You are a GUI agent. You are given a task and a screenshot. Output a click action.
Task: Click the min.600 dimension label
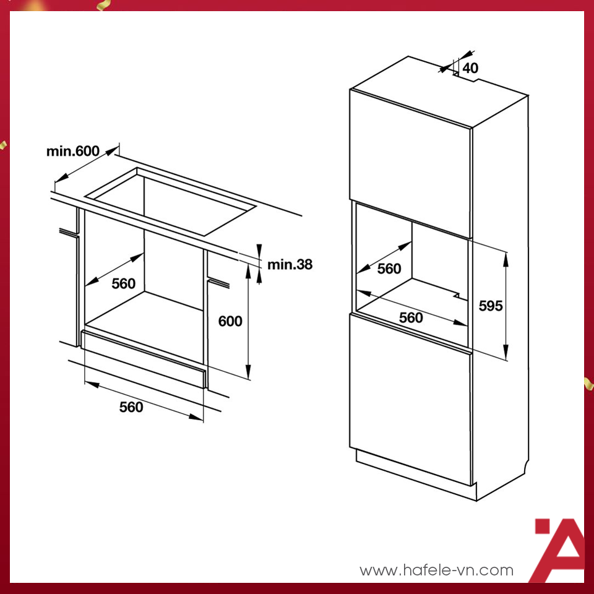(72, 151)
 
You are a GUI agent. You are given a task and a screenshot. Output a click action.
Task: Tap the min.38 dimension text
(290, 265)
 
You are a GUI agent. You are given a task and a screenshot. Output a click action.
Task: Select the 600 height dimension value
(230, 321)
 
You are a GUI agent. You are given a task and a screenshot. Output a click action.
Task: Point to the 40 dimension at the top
(470, 68)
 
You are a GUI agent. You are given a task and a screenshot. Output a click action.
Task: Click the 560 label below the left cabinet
(131, 407)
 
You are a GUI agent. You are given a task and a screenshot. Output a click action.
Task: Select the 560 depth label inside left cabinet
(123, 283)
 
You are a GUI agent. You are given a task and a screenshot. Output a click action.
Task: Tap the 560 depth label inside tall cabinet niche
(389, 269)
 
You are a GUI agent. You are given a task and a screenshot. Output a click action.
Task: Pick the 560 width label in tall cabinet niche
(411, 317)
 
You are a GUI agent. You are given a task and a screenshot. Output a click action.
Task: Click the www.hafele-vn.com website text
(436, 570)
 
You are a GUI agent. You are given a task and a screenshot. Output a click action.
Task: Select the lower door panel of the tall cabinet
(410, 399)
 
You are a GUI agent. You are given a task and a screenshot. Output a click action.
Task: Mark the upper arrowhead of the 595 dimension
(506, 257)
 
